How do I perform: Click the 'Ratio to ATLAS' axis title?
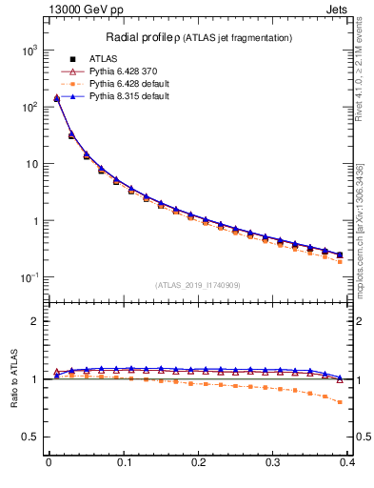click(x=13, y=378)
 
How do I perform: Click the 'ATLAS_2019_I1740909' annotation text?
click(x=197, y=285)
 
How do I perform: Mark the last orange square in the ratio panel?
click(x=340, y=402)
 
